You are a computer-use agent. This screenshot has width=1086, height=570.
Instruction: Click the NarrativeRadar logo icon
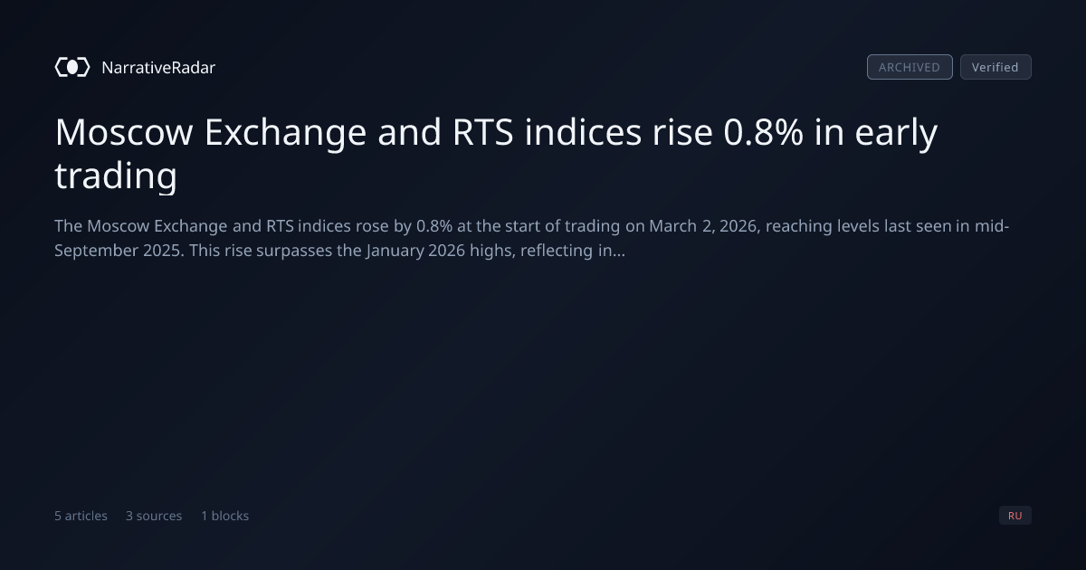[x=72, y=67]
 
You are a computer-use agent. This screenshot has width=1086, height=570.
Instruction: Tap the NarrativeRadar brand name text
[x=158, y=68]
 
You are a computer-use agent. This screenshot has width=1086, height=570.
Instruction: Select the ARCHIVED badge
[x=910, y=67]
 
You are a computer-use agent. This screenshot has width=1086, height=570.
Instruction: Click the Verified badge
[x=995, y=67]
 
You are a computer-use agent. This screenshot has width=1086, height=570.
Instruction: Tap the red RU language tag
[x=1015, y=515]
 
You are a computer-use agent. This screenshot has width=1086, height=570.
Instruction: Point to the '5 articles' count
[x=81, y=516]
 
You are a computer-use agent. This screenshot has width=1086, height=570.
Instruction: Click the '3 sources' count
[x=154, y=516]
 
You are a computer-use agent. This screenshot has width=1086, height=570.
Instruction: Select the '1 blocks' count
[x=225, y=516]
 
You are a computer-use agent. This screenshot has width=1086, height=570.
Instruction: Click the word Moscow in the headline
[x=124, y=132]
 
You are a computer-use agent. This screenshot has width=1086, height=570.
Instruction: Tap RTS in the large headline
[x=482, y=132]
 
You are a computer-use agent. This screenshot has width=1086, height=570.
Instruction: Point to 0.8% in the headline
[x=763, y=132]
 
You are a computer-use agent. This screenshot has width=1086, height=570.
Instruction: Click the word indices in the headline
[x=583, y=132]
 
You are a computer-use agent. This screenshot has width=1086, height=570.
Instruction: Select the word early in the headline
[x=896, y=134]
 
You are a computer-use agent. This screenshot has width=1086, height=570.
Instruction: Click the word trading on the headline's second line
[x=116, y=176]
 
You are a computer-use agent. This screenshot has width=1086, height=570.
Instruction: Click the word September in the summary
[x=96, y=252]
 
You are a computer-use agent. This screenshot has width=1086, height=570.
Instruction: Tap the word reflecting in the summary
[x=556, y=252]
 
